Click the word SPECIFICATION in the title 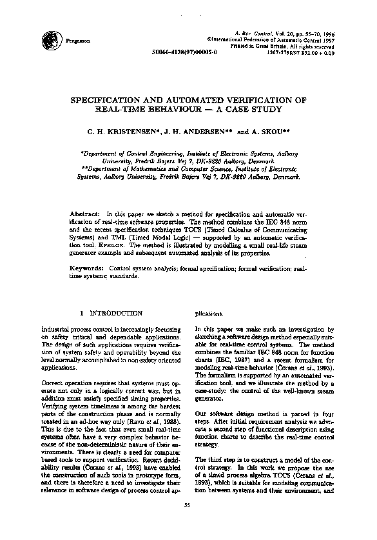coord(114,101)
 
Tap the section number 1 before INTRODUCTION coord(81,313)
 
